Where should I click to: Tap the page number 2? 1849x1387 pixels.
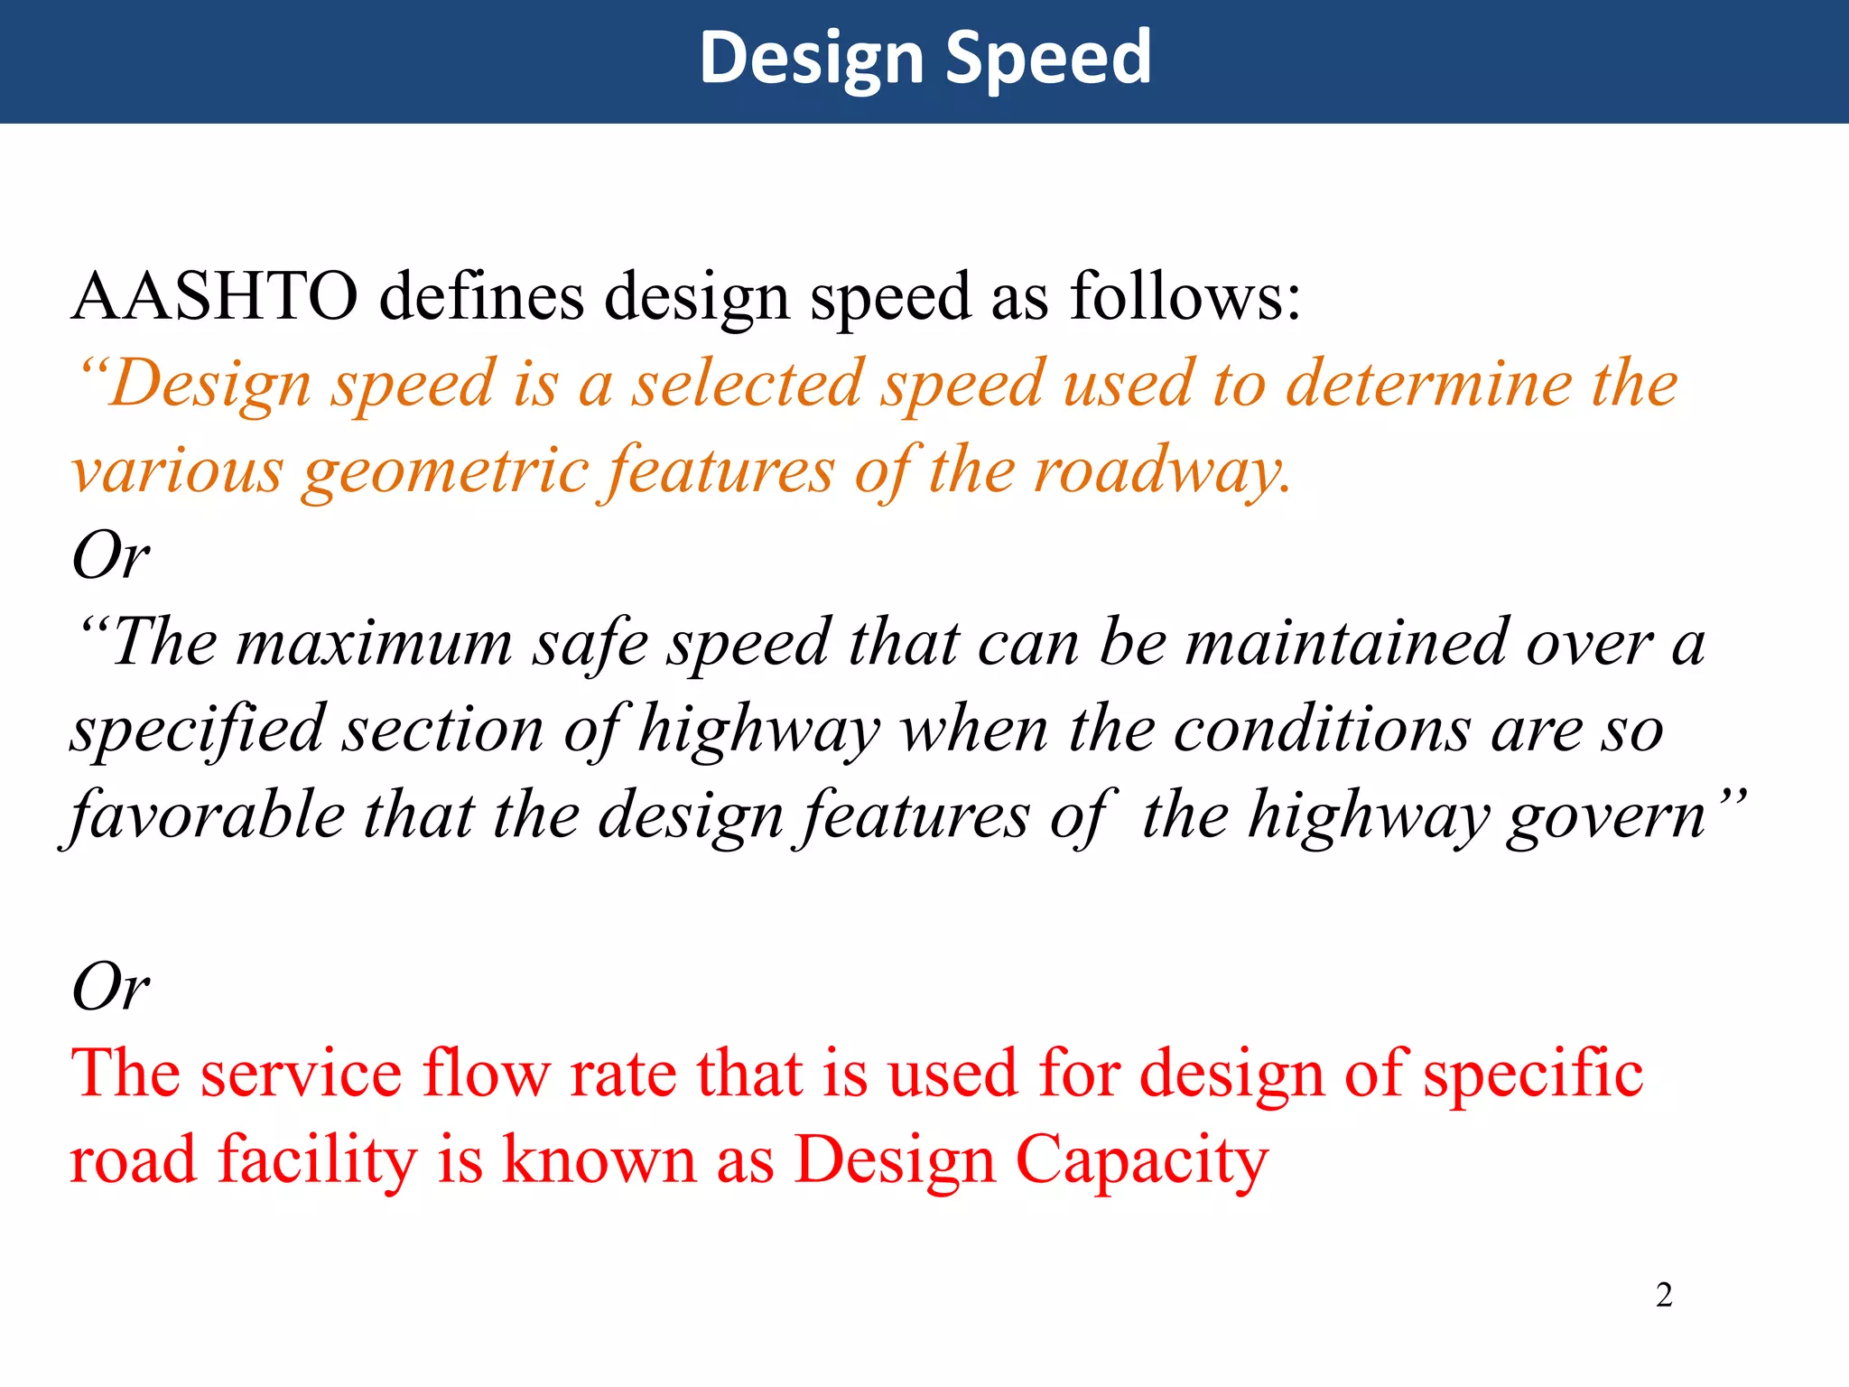[1664, 1295]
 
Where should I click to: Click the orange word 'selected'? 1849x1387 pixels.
[747, 383]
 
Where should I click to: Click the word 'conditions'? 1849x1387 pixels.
[1322, 730]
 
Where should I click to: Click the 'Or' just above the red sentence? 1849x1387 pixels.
[110, 986]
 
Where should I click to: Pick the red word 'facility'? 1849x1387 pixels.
[316, 1160]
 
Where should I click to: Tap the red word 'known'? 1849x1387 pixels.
[599, 1160]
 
